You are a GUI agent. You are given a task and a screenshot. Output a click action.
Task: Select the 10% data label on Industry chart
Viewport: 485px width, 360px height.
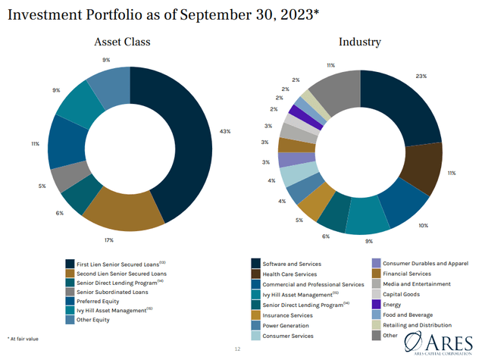pos(423,225)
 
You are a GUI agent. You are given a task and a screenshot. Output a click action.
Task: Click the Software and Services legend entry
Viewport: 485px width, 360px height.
pos(291,264)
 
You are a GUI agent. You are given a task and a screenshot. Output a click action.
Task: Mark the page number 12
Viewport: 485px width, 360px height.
pos(236,349)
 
